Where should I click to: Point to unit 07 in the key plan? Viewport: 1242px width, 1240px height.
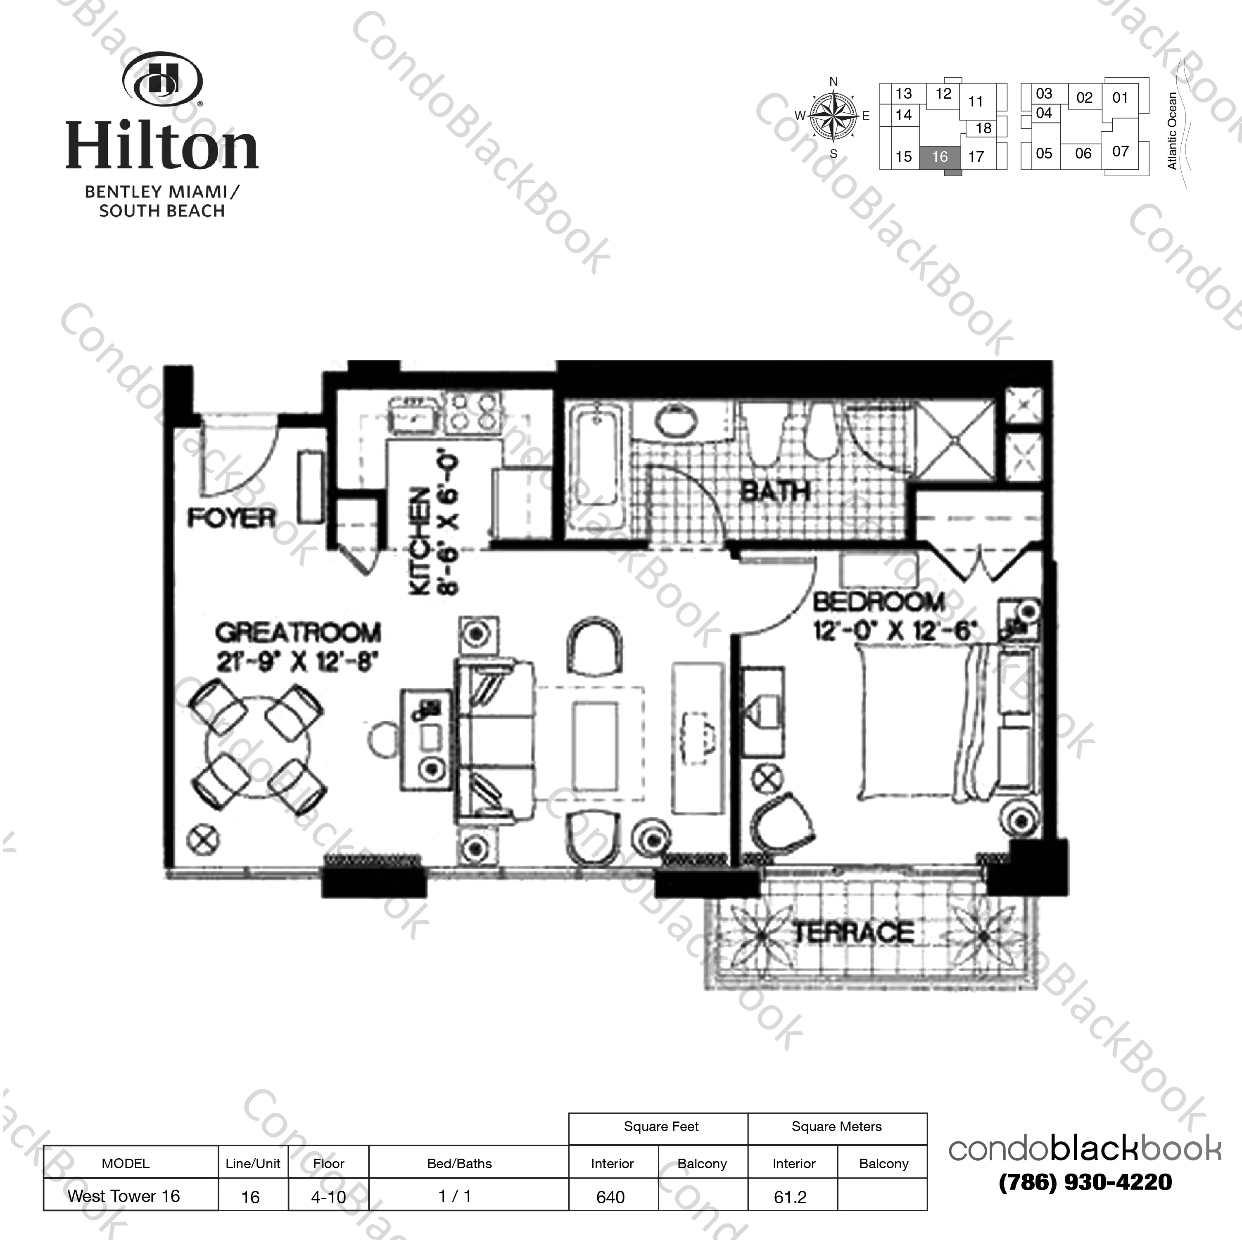(1121, 151)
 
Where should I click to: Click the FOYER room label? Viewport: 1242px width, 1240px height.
(231, 518)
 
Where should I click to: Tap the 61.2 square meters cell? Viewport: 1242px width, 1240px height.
(790, 1197)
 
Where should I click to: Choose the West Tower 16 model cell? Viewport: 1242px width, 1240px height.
(124, 1196)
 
